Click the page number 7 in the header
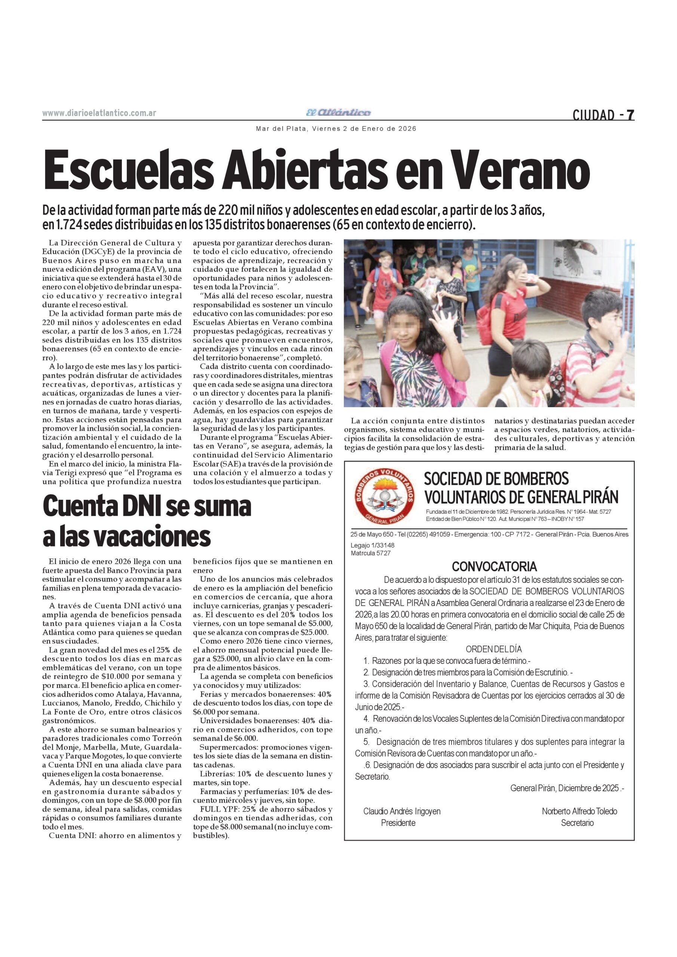(630, 114)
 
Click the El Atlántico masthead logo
(338, 113)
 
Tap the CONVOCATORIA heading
(495, 566)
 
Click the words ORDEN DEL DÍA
(493, 649)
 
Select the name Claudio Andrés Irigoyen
(401, 811)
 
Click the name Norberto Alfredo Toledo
(579, 811)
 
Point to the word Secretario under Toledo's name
(577, 823)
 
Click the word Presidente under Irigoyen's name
(398, 823)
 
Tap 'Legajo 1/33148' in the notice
(372, 545)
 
